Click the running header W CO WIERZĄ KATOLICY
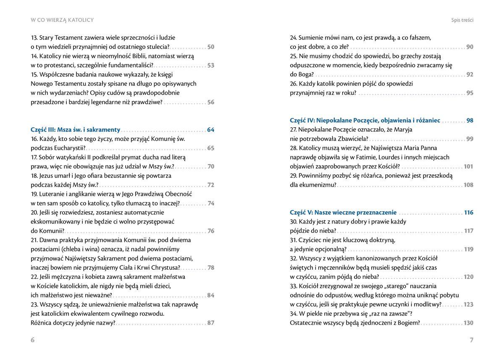pos(62,20)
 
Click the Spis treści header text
pos(462,20)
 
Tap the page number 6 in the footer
pos(32,340)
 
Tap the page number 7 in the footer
pos(471,340)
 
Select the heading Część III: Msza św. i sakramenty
pos(76,130)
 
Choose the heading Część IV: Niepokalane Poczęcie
pos(365,121)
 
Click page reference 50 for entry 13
pos(211,47)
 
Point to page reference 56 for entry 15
pos(211,102)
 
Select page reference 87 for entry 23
pos(211,323)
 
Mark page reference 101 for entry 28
pos(468,167)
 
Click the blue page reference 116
pos(468,213)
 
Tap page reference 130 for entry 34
pos(468,323)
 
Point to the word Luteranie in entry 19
pos(52,194)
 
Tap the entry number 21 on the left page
pos(34,240)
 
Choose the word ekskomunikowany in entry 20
pos(56,222)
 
